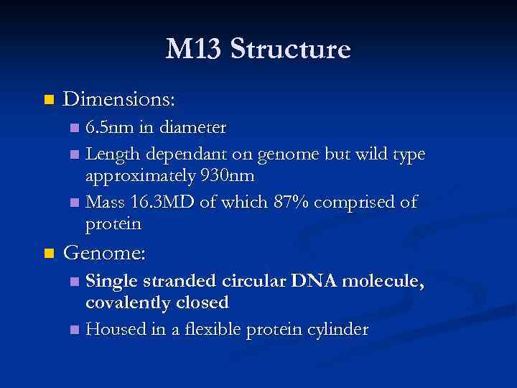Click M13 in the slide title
tap(192, 50)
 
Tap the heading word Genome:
tap(105, 253)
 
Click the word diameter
tap(195, 128)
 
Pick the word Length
tap(113, 154)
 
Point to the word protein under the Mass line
tap(113, 224)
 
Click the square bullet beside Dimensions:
tap(49, 98)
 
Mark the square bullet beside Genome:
tap(49, 253)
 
